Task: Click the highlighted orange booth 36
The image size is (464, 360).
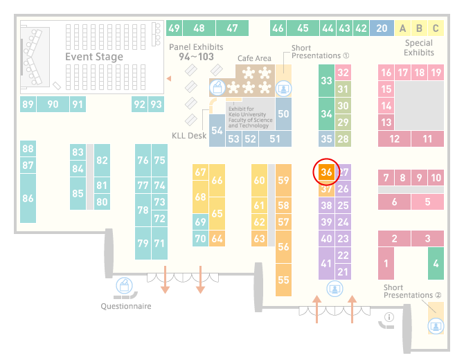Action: (x=326, y=172)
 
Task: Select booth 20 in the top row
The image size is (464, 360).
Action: (x=382, y=28)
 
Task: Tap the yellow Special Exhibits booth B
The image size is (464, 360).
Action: (x=419, y=28)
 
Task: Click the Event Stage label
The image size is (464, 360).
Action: (x=94, y=57)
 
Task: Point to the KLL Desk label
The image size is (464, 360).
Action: (x=189, y=136)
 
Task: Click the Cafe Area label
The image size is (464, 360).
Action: (x=254, y=58)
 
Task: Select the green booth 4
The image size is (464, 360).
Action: (x=436, y=263)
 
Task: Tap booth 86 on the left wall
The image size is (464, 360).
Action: (x=28, y=198)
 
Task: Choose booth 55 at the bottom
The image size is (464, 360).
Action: (x=283, y=280)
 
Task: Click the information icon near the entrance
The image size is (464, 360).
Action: (x=389, y=317)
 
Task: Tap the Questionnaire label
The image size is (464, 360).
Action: (x=126, y=306)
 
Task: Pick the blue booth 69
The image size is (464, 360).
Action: (x=200, y=222)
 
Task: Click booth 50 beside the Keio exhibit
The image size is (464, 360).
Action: (x=283, y=114)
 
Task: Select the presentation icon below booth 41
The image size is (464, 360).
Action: (x=334, y=289)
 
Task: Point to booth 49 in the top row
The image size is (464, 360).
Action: (x=174, y=28)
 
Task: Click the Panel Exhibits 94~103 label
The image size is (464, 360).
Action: (x=196, y=52)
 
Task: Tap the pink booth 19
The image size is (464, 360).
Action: (x=436, y=73)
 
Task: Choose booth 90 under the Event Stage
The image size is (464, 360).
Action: (x=53, y=104)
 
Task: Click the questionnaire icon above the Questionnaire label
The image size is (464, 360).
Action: (x=124, y=286)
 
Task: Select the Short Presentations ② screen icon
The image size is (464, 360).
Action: (x=436, y=326)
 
